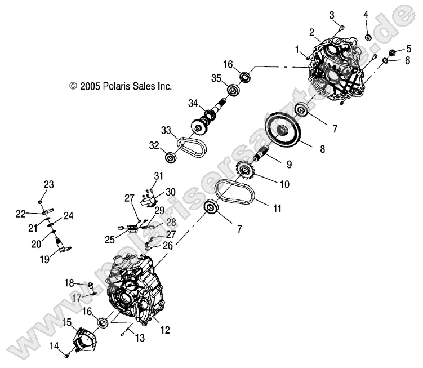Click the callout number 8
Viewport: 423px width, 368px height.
322,149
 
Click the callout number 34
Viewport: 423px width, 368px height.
193,104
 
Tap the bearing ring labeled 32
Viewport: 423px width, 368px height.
171,156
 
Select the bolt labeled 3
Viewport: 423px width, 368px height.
341,26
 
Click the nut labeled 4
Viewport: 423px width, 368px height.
367,37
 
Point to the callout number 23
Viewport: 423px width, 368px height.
48,185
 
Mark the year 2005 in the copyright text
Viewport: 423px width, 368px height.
90,87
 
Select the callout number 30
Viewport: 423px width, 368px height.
171,191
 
